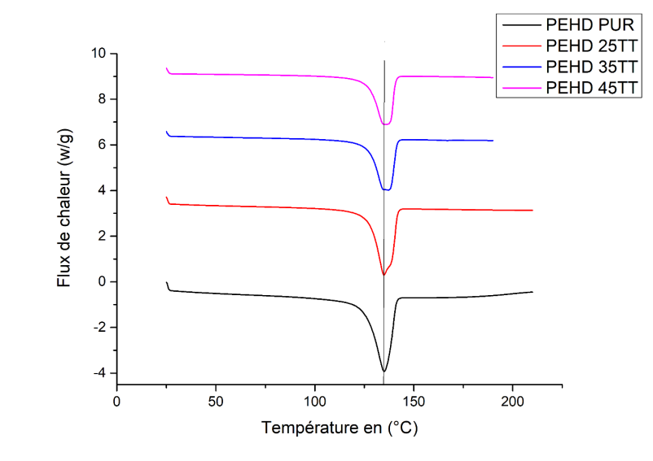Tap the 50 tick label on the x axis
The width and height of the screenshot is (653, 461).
(216, 402)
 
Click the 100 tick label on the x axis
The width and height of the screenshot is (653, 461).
(314, 402)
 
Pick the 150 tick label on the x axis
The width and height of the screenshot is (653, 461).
(414, 402)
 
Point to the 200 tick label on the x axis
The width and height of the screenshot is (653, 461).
(512, 402)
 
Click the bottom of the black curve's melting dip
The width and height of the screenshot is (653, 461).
(383, 372)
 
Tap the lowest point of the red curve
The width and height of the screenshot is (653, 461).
(383, 275)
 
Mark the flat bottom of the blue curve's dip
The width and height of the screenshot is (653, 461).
(387, 190)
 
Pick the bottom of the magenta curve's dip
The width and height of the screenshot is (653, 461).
(387, 124)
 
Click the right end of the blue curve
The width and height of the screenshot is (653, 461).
(493, 141)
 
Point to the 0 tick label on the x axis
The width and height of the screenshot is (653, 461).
(116, 402)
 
